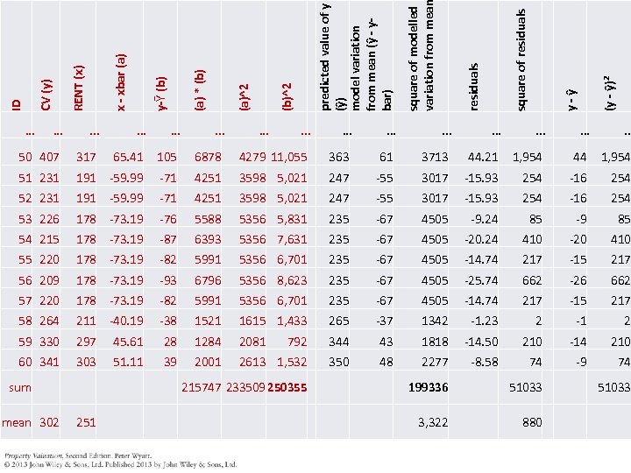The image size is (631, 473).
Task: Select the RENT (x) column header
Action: click(79, 88)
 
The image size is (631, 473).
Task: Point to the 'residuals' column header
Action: click(474, 87)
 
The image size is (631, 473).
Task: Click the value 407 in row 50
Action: click(49, 158)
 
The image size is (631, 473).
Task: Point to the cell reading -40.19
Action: click(125, 321)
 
